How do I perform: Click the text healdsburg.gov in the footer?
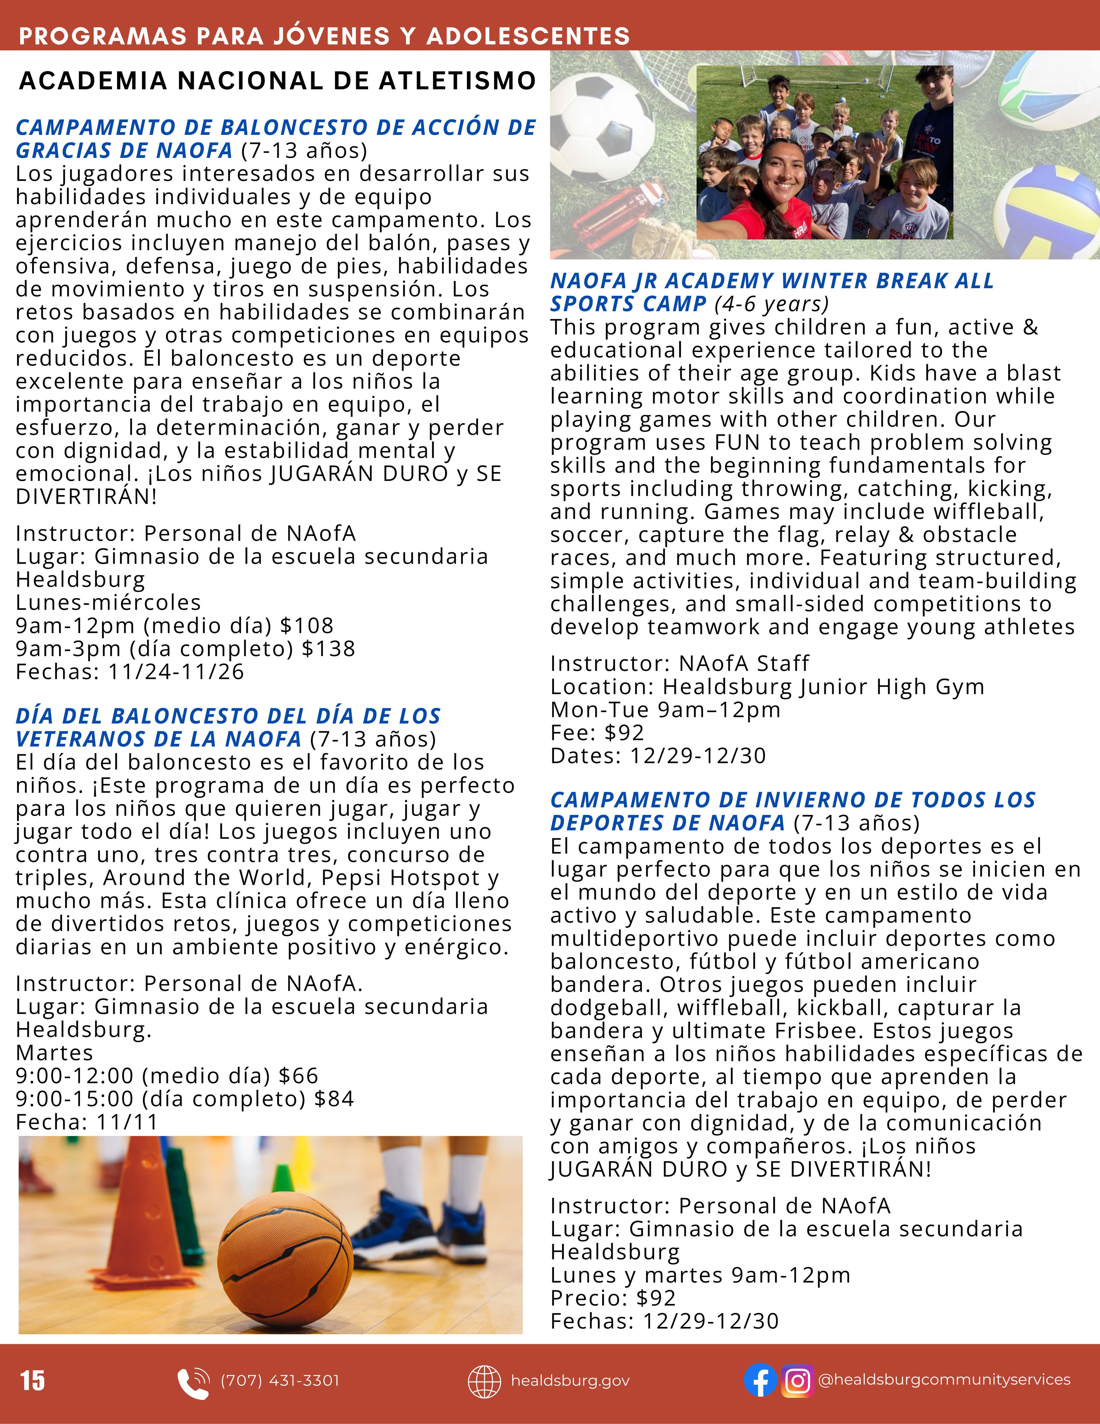pyautogui.click(x=570, y=1380)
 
